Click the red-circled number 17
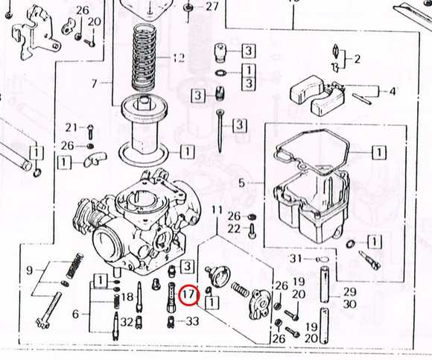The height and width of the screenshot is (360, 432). click(x=188, y=295)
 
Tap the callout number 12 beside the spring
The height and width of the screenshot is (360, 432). click(x=179, y=57)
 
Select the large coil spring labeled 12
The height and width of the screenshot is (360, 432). click(x=144, y=57)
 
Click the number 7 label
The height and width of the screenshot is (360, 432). click(x=95, y=83)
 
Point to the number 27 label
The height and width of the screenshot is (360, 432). click(x=212, y=7)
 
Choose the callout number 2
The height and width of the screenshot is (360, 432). click(x=357, y=59)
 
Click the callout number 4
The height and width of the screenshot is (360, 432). click(x=393, y=91)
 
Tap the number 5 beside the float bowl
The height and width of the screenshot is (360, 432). click(x=241, y=183)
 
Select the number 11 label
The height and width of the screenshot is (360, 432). click(x=217, y=211)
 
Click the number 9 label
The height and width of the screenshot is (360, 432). click(x=29, y=271)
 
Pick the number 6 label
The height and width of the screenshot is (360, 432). click(x=75, y=314)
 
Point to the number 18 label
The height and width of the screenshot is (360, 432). click(x=127, y=297)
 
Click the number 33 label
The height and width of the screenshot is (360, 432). click(x=192, y=321)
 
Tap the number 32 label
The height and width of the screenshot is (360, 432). click(x=127, y=322)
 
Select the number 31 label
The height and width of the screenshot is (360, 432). click(x=296, y=259)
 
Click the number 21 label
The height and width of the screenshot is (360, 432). click(x=72, y=127)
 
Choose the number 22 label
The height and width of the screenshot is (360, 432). click(x=234, y=229)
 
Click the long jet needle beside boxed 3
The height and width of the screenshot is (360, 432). click(x=220, y=131)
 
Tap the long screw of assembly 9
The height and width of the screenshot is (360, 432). click(x=48, y=311)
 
